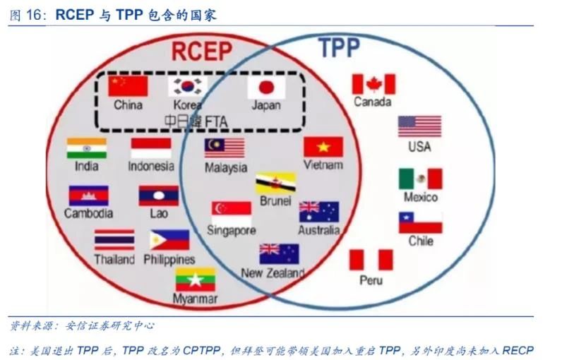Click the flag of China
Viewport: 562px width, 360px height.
[x=128, y=86]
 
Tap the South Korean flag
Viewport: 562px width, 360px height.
[x=188, y=86]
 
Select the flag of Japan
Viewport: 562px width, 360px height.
[x=266, y=87]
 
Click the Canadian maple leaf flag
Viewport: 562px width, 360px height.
[x=373, y=84]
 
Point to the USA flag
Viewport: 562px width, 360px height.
[x=419, y=126]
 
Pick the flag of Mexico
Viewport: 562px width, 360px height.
[x=420, y=179]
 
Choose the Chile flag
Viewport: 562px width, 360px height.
[x=420, y=222]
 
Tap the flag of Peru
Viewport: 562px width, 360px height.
[x=371, y=260]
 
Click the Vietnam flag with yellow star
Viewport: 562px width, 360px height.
[x=323, y=147]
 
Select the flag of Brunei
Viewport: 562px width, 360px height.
[x=275, y=183]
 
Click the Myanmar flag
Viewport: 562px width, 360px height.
[x=196, y=280]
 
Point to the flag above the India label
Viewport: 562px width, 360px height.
[x=87, y=148]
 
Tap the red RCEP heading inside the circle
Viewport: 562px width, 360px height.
[x=202, y=51]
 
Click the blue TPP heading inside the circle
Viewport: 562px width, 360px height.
[x=339, y=47]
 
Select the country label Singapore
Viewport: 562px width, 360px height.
[x=232, y=230]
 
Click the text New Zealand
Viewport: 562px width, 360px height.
[x=273, y=273]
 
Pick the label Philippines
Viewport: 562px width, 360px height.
[x=169, y=259]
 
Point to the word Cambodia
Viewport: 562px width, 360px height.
[x=88, y=213]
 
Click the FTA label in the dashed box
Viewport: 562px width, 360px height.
[x=217, y=121]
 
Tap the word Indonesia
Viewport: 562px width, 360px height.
[x=151, y=166]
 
